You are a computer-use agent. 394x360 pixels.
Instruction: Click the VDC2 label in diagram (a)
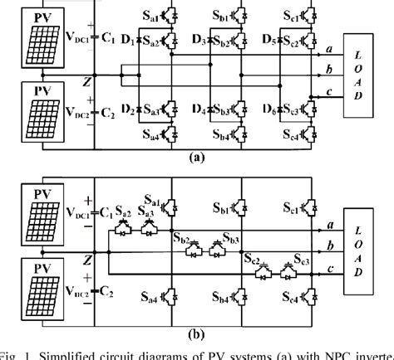point(81,109)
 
